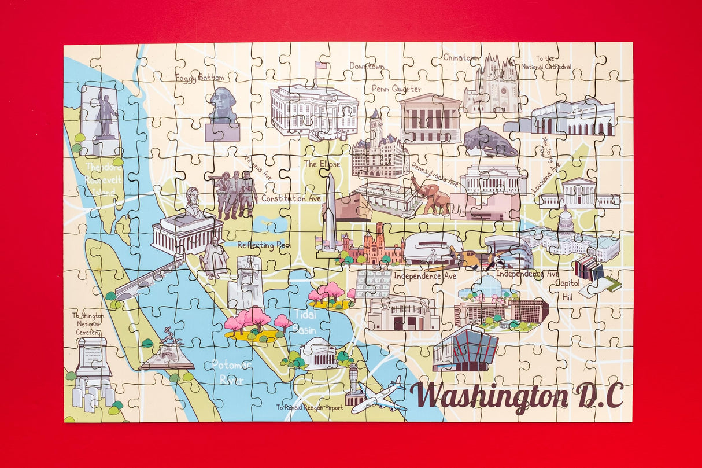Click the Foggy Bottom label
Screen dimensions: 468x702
(x=199, y=78)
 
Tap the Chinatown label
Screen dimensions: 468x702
(x=461, y=57)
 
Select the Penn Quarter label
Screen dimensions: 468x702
(x=396, y=89)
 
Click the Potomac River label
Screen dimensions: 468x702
(x=228, y=372)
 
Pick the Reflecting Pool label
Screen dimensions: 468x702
(x=263, y=245)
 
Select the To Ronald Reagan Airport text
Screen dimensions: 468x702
(x=309, y=408)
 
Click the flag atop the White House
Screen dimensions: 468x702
(x=320, y=65)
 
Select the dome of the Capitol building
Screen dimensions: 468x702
(x=565, y=220)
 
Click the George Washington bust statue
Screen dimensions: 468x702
(x=223, y=105)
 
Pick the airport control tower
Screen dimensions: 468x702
(x=353, y=384)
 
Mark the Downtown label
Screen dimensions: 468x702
(x=367, y=67)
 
